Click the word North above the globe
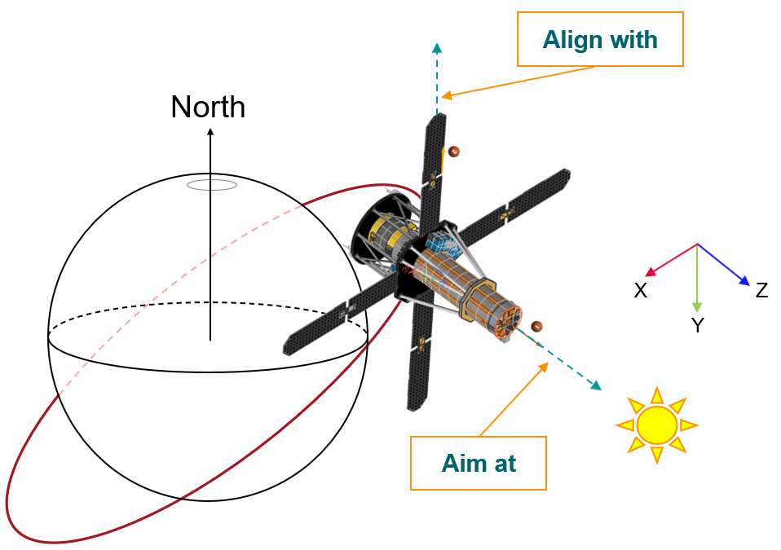(x=208, y=108)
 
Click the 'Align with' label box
(x=600, y=39)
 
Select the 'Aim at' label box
(x=479, y=463)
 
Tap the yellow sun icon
(x=656, y=425)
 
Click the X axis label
(x=641, y=291)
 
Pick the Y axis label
(x=698, y=326)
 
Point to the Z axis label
(x=761, y=290)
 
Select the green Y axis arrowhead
(x=697, y=308)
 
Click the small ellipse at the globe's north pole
(x=212, y=185)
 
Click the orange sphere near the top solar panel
(x=453, y=152)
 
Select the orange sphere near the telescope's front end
(x=536, y=327)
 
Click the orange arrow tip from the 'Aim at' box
(x=545, y=363)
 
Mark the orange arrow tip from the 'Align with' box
(x=443, y=98)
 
